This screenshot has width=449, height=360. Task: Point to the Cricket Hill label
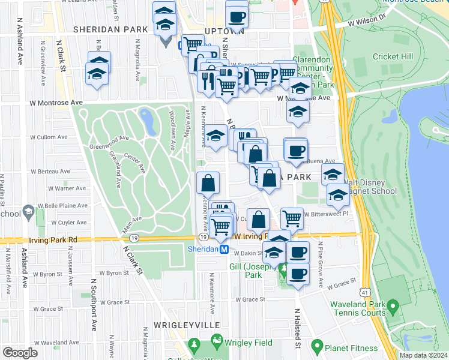(x=393, y=56)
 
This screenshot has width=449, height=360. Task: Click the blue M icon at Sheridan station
(x=224, y=249)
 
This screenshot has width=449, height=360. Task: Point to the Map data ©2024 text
(x=423, y=355)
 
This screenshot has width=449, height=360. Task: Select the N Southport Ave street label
(x=94, y=304)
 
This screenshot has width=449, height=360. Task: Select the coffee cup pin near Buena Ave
(x=295, y=150)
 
